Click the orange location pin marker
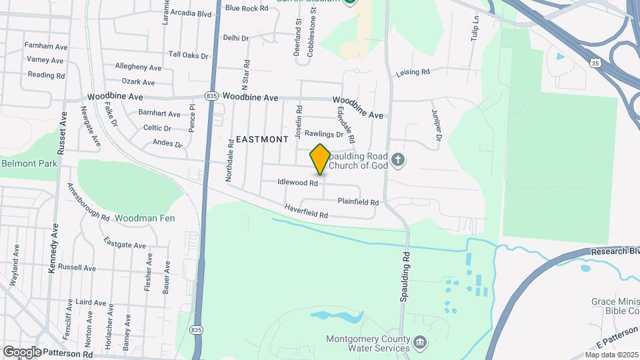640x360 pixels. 320,159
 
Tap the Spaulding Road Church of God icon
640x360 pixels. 398,160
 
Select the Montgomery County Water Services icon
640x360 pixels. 420,343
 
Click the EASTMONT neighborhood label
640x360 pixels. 262,139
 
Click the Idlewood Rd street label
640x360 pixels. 297,182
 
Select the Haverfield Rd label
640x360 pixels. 306,211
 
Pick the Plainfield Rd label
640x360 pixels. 358,201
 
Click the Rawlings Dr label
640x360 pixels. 323,134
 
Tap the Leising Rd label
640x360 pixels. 413,72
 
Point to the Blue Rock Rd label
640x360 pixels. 247,8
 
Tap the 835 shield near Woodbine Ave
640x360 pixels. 211,97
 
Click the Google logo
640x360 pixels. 22,351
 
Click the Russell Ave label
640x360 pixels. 77,267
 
